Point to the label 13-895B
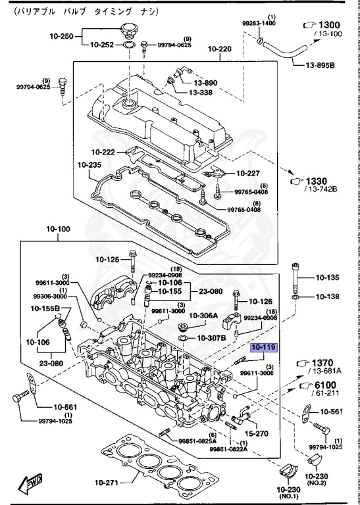321,66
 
